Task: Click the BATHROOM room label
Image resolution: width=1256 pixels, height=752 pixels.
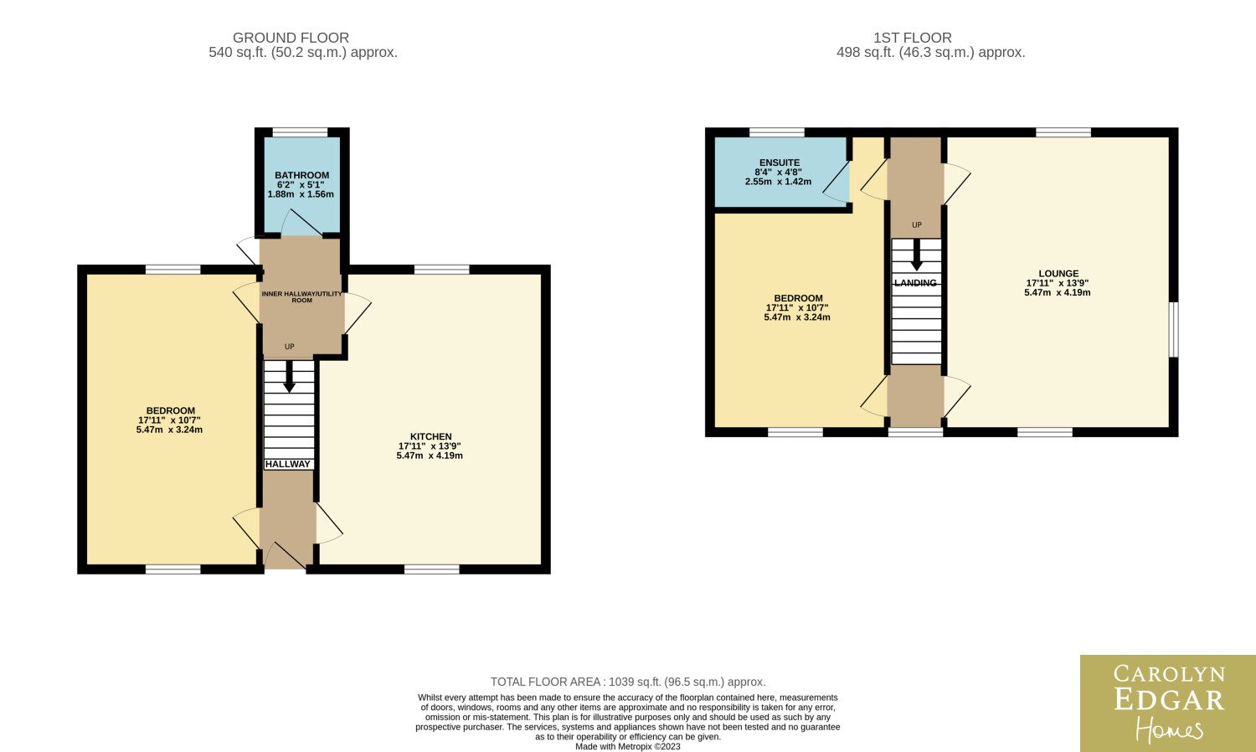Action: [x=301, y=175]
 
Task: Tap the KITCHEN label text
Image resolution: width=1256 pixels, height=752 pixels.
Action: [x=430, y=436]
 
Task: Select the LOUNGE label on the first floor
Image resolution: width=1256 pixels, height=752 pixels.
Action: [x=1058, y=274]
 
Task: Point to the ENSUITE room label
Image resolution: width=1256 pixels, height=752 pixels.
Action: [x=780, y=162]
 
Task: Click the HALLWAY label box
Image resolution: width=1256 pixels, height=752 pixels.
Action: [x=288, y=464]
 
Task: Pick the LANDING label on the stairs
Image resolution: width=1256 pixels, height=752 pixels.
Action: [x=915, y=283]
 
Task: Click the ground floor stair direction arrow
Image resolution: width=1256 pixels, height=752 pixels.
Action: [x=290, y=376]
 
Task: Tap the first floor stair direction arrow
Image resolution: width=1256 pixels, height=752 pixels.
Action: [x=917, y=255]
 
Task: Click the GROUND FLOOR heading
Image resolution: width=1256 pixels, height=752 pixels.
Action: [x=291, y=38]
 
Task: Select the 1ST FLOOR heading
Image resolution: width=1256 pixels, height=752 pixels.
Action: [x=913, y=38]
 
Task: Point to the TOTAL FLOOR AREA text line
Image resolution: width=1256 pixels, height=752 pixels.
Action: [x=628, y=682]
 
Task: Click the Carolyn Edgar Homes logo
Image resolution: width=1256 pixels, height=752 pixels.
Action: [x=1168, y=703]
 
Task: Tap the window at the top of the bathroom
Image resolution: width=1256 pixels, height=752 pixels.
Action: [x=300, y=132]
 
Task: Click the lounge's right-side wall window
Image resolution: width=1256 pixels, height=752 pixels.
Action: [x=1174, y=329]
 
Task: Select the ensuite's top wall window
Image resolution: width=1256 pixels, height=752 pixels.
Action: [x=776, y=132]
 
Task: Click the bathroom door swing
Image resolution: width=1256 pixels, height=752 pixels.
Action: [x=301, y=223]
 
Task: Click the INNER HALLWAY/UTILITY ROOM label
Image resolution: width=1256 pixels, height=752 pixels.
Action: [x=301, y=296]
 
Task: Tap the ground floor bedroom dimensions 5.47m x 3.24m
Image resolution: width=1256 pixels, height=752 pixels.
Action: [x=169, y=430]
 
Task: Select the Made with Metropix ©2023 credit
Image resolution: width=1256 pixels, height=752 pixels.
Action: [x=627, y=746]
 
